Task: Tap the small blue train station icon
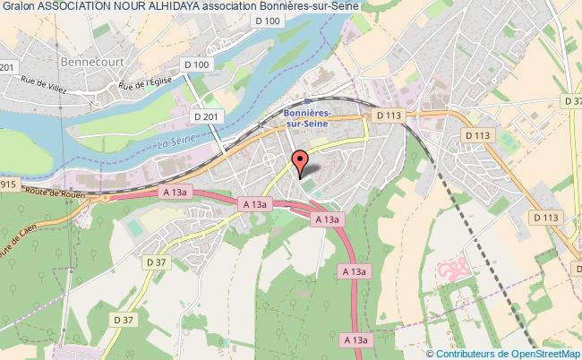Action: tap(307, 101)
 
